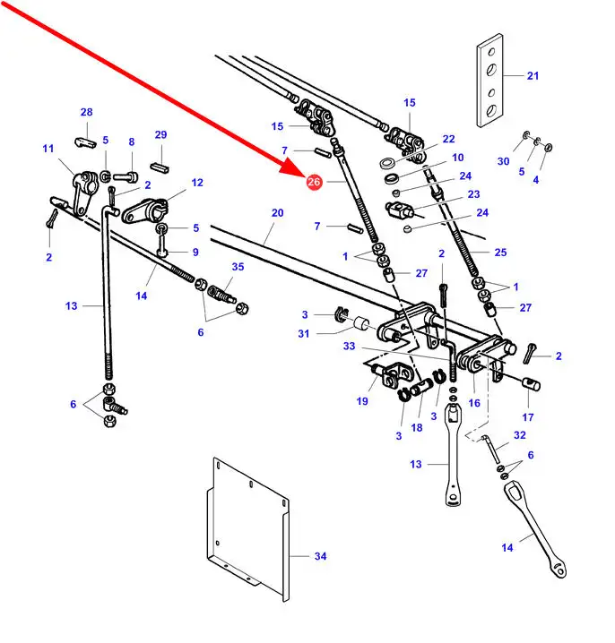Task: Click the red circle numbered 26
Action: point(313,183)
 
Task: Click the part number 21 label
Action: point(533,76)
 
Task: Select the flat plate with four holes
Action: point(489,80)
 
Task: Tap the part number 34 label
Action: point(321,556)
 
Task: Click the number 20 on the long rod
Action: point(277,213)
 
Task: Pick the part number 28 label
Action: point(86,112)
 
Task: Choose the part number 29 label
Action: point(160,134)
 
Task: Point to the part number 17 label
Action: point(528,416)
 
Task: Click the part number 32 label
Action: point(519,435)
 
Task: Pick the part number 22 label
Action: point(448,139)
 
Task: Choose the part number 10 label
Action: point(457,157)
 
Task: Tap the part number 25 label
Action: point(500,253)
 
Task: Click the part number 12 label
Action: point(197,183)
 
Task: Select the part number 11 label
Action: point(48,149)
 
